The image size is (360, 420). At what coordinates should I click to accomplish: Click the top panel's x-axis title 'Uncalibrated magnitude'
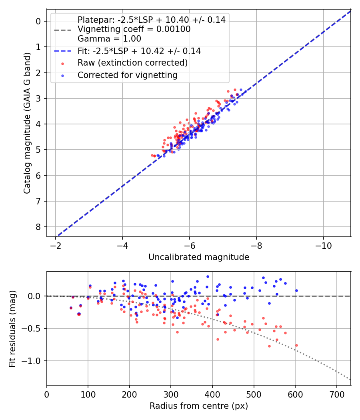coord(199,257)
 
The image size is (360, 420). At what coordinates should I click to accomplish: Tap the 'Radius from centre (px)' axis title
coord(199,406)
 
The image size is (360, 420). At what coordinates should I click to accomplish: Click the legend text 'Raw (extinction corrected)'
coord(132,63)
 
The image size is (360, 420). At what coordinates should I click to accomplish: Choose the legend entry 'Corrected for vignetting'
coord(127,75)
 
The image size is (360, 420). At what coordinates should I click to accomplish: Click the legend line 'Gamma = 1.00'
coord(109,39)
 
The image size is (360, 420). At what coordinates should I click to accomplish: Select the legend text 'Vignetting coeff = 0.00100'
coord(134,29)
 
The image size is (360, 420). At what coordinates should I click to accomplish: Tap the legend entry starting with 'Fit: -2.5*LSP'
coord(139,51)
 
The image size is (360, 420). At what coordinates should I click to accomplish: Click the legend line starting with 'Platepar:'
coord(151,20)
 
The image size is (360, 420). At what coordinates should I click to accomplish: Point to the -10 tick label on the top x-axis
coord(323,245)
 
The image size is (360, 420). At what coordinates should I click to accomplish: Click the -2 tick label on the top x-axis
coord(56,245)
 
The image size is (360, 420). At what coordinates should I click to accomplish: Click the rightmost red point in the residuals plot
coord(296,345)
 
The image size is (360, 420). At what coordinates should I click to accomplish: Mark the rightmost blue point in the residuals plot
coord(296,290)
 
